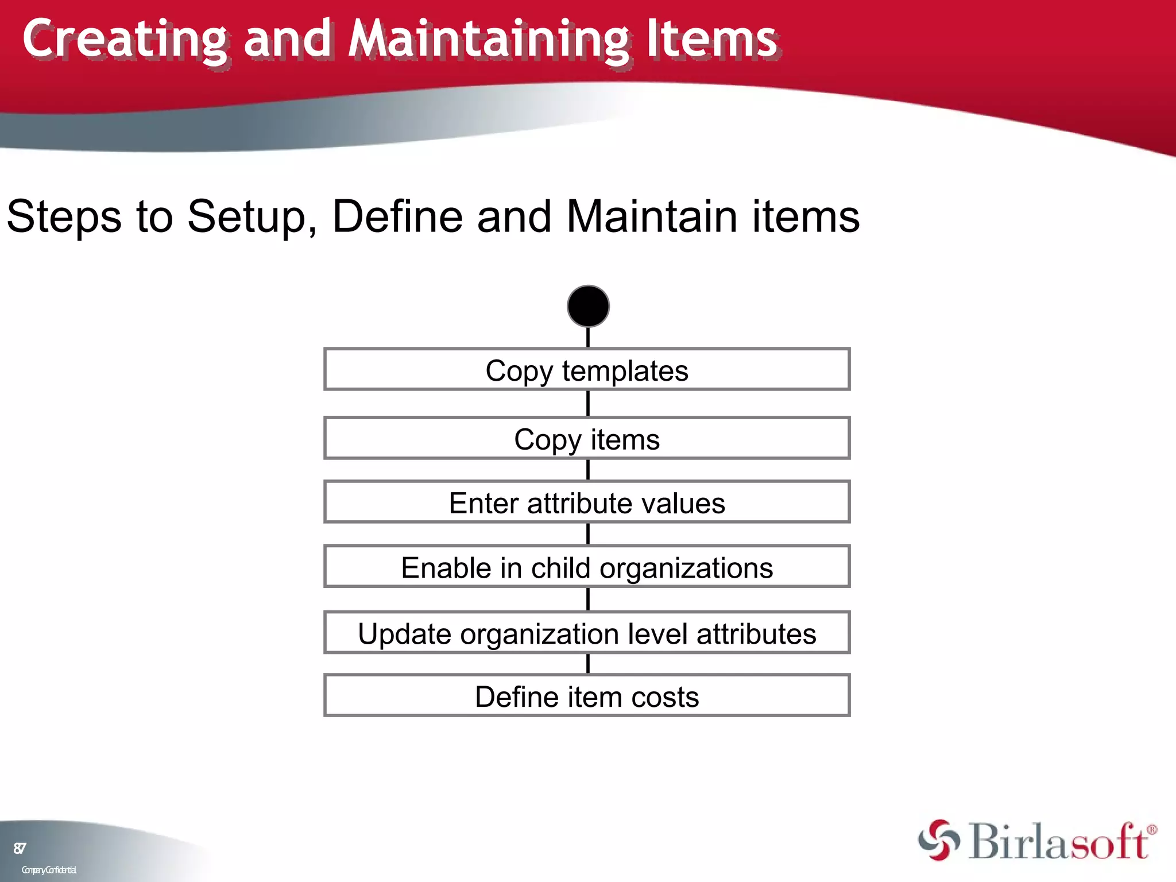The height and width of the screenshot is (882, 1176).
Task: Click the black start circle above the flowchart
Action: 588,306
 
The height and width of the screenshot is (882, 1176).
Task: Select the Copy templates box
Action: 587,370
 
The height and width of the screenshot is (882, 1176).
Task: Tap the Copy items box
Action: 587,439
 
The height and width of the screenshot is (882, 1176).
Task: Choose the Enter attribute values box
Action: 587,502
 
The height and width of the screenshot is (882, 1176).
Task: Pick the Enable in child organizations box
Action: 587,567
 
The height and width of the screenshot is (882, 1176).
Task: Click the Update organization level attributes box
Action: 587,633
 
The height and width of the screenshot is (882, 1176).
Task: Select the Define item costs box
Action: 587,696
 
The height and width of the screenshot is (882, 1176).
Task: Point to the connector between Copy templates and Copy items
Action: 588,404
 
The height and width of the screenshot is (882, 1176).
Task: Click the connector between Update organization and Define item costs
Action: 588,664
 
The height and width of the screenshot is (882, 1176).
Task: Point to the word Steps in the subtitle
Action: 64,217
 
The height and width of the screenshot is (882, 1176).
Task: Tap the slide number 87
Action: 20,848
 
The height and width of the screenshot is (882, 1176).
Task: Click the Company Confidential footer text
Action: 49,870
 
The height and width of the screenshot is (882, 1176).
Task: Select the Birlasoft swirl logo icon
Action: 939,840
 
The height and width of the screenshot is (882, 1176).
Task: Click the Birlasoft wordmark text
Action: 1057,842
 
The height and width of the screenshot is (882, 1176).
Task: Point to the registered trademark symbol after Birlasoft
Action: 1151,829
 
